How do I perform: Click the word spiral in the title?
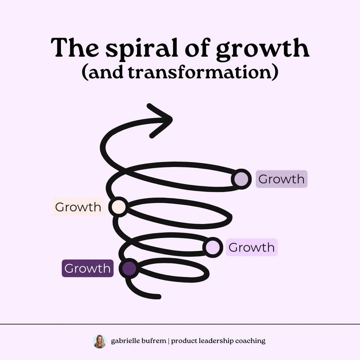coord(140,49)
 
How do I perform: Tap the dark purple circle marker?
coord(129,268)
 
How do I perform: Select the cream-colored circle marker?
coord(119,207)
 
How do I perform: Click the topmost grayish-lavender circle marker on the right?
coord(241,179)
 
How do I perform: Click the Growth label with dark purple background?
coord(87,268)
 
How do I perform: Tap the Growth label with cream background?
coord(78,207)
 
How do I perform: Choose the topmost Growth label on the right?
coord(281,179)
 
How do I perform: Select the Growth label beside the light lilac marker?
coord(251,247)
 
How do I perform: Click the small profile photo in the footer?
coord(99,341)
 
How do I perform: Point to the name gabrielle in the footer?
coord(125,341)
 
